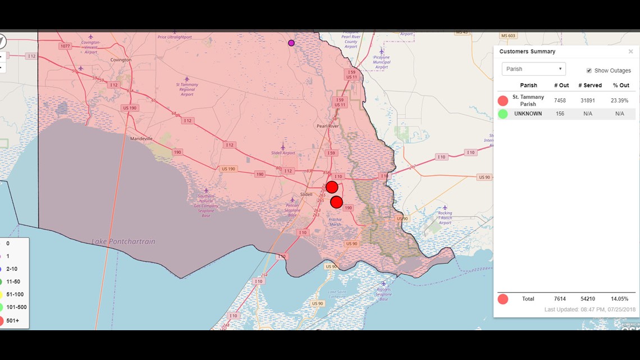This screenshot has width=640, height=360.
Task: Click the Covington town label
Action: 121,60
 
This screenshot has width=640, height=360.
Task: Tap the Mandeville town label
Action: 141,138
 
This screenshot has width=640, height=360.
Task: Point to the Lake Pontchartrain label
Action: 124,241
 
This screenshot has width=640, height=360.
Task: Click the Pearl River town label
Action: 328,126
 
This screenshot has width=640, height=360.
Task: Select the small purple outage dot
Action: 291,43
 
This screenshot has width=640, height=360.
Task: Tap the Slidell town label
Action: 307,194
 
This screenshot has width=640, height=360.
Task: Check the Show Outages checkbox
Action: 589,71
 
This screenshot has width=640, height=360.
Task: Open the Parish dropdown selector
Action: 533,69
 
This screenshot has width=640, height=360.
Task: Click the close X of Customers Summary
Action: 630,52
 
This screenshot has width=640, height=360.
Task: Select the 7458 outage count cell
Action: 560,101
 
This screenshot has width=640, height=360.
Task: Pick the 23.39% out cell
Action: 620,101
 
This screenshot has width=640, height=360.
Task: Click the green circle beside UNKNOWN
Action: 502,114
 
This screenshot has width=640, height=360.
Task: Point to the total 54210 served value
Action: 588,299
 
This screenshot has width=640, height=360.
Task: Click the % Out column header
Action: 621,85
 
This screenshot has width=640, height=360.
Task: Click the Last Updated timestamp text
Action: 589,310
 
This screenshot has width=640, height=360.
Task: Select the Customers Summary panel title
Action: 527,52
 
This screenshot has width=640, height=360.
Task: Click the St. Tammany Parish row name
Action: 528,101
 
